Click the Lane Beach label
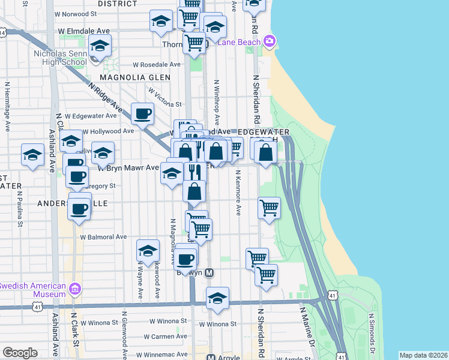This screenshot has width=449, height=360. pos(240,42)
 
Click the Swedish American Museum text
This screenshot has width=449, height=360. pos(33,289)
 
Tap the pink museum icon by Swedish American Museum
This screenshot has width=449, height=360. pos(74,289)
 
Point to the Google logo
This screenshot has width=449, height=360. pos(20,353)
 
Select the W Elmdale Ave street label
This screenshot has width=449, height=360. pos(83,31)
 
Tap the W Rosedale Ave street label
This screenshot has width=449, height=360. pos(157,65)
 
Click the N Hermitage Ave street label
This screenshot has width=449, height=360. pos(8,106)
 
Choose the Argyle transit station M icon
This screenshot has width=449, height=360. pos(211,358)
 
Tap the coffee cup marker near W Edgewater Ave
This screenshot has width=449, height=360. pos(143,113)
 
